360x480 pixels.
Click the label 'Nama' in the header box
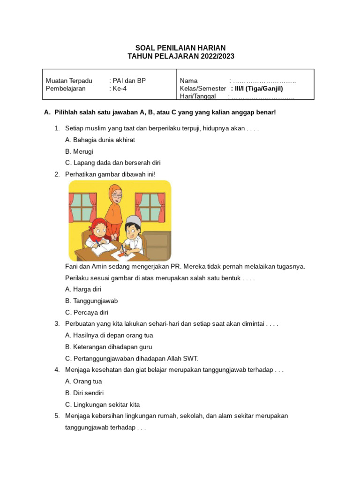click(x=188, y=81)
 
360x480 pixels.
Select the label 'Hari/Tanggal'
click(x=197, y=97)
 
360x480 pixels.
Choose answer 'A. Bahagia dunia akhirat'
click(x=100, y=140)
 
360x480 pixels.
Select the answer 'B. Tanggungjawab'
click(x=91, y=301)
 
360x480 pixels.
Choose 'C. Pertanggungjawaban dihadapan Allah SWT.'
click(x=132, y=359)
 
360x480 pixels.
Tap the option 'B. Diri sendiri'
click(x=84, y=393)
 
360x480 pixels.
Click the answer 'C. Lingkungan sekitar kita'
click(x=102, y=405)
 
